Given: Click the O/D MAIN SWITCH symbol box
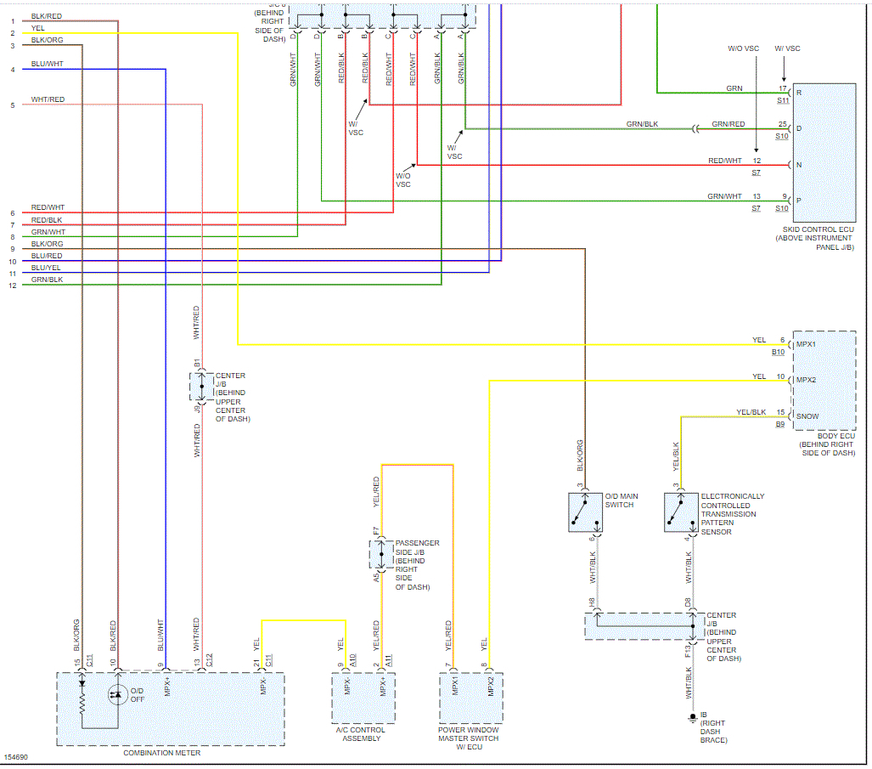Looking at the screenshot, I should [x=584, y=512].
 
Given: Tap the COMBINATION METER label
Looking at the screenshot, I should [x=160, y=753].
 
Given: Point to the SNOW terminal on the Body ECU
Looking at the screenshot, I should [x=807, y=416].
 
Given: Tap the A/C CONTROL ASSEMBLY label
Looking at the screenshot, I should [x=362, y=734].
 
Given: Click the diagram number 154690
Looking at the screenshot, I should [x=15, y=756].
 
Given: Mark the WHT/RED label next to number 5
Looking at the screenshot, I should [x=48, y=99].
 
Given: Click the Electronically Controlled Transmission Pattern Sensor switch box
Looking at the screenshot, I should [x=681, y=512].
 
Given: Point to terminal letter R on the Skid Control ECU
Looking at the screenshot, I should [x=799, y=91].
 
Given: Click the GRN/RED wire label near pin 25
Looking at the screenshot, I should [x=728, y=124].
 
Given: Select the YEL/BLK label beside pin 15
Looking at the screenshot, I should [x=751, y=412].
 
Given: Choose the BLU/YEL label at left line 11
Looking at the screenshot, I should [x=47, y=268].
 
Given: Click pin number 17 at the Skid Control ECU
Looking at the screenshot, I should [x=782, y=88].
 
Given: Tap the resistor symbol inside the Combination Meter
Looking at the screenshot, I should [x=82, y=703].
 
